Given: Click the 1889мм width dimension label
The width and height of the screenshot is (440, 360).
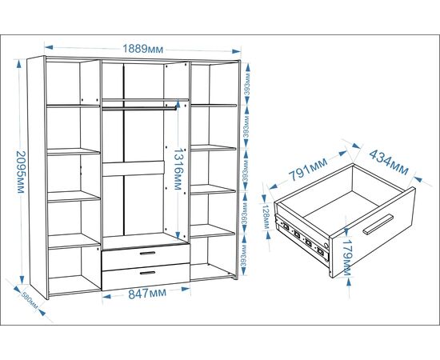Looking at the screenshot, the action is tap(143, 49).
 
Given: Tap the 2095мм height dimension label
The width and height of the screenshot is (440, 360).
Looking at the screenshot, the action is tap(21, 172).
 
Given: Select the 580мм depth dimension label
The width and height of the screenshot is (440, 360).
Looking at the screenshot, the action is tap(30, 301).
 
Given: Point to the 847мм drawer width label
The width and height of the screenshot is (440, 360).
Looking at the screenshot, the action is tap(147, 294).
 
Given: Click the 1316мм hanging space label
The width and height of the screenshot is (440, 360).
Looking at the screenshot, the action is tap(178, 169).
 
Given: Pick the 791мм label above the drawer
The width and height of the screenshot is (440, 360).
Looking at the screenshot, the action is tap(308, 169).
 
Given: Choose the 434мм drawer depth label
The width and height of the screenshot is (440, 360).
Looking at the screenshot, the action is tap(389, 162).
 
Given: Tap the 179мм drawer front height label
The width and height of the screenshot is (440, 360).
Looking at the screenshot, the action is tap(346, 258).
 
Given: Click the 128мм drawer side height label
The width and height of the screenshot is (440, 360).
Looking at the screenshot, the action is tap(266, 216).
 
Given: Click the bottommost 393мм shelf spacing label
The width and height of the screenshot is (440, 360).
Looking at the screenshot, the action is tap(244, 256).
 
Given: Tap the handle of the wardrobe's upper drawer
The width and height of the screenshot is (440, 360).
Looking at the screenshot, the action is tap(147, 253).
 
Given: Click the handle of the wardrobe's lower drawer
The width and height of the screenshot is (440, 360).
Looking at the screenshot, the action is tap(147, 273).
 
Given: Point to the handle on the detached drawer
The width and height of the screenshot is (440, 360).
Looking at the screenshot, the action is tap(378, 224).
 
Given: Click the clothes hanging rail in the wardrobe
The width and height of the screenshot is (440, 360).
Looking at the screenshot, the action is tap(139, 108).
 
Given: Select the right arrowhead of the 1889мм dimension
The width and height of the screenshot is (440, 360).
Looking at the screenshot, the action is tap(236, 51).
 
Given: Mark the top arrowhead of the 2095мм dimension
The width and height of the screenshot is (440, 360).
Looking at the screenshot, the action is tap(19, 64).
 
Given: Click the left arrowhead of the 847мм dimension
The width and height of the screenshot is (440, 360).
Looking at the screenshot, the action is tap(107, 296).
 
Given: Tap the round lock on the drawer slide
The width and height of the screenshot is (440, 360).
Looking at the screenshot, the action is tap(326, 246).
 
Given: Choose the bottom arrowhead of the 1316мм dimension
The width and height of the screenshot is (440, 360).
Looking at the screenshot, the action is tap(178, 234).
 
